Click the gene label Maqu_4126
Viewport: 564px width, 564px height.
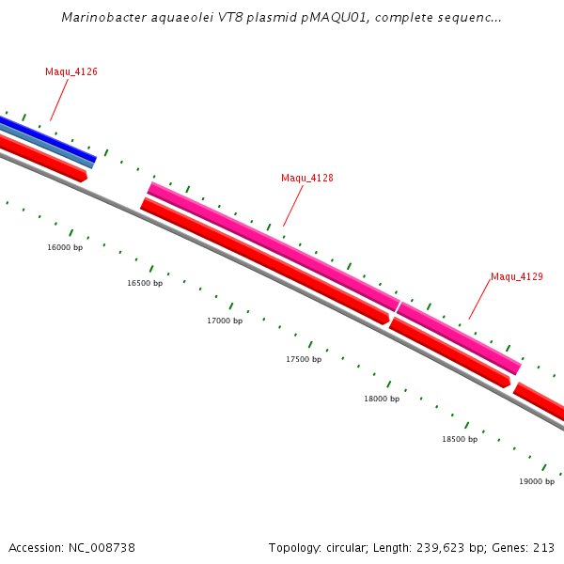(x=71, y=72)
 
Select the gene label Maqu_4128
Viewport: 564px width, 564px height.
(x=307, y=178)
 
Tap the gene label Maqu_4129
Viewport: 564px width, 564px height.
(x=517, y=276)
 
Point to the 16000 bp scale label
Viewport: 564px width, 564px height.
(x=65, y=247)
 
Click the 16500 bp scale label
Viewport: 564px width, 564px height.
(x=145, y=283)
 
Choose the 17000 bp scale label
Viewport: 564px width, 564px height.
(x=225, y=321)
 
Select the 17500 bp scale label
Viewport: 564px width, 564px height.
(x=304, y=359)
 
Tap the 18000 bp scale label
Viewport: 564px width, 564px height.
(x=382, y=399)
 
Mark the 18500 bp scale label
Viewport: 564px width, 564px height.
(x=460, y=439)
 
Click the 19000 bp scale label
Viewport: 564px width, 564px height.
(x=537, y=481)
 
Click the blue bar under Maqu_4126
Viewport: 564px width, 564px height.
(x=47, y=138)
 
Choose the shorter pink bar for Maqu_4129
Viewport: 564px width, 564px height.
(x=459, y=337)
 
